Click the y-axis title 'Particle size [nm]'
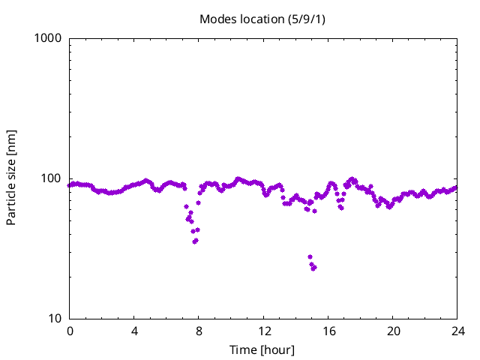click(12, 178)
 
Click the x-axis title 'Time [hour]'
click(262, 350)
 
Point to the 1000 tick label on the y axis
click(49, 38)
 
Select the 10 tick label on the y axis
click(55, 319)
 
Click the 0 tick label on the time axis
click(70, 331)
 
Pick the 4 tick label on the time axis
click(134, 331)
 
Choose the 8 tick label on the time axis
click(199, 331)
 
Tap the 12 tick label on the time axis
click(263, 331)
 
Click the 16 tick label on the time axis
click(328, 331)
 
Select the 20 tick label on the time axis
click(392, 331)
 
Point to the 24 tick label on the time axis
click(457, 331)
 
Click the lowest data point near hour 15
click(313, 268)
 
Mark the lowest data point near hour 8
click(195, 241)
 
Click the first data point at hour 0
click(70, 185)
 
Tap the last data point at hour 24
click(456, 187)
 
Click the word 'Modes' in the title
click(217, 19)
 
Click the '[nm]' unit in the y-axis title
click(12, 143)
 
